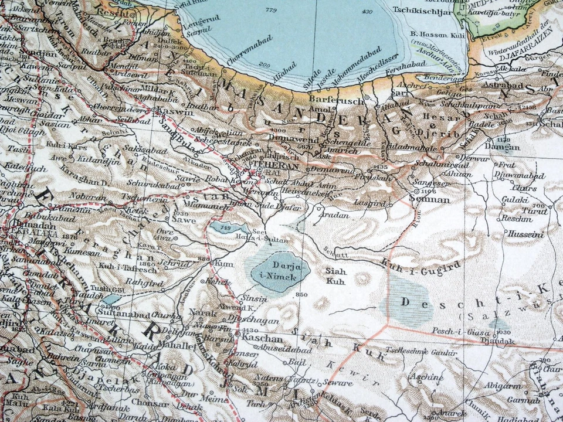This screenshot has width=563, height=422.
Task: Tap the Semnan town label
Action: point(433,199)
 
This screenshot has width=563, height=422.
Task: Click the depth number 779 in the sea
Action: point(270,11)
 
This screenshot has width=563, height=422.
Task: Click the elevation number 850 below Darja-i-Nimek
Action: point(302,294)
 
